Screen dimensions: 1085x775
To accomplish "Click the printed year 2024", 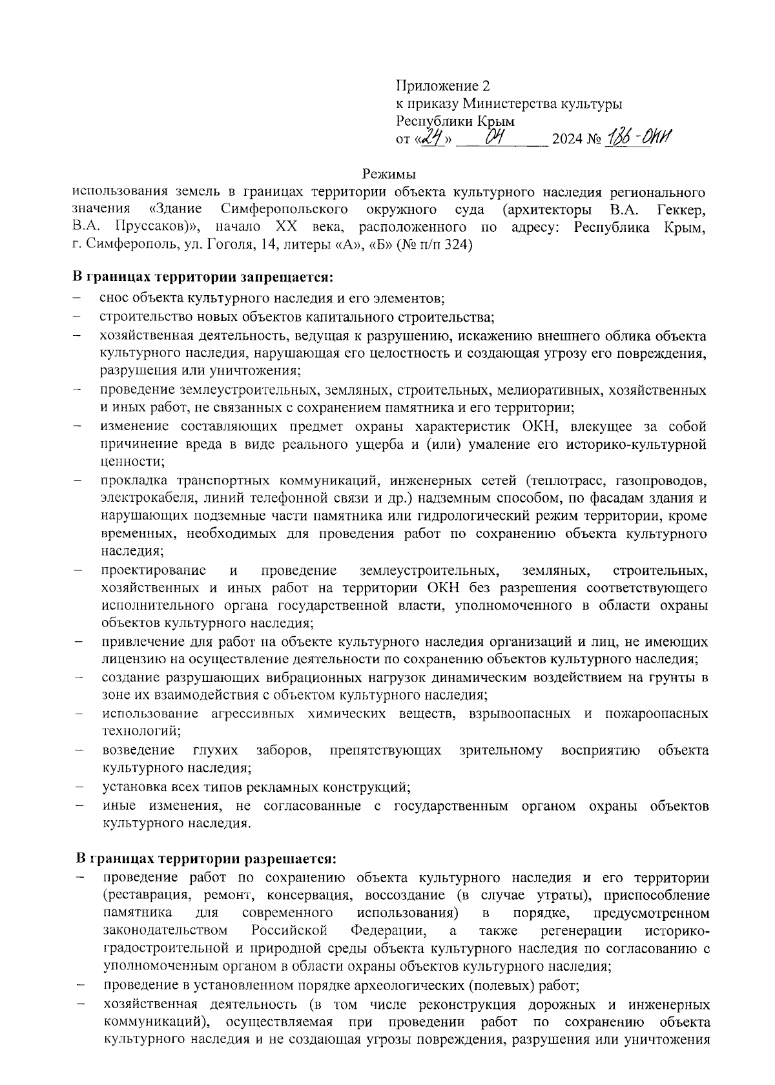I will pos(566,139).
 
